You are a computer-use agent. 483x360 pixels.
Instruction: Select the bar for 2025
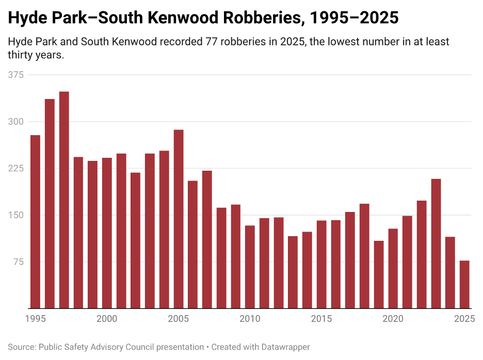click(x=464, y=285)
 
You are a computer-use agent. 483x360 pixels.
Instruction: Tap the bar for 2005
click(x=179, y=219)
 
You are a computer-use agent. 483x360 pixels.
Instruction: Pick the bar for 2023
click(x=436, y=243)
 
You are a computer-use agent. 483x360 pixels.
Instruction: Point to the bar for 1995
click(x=35, y=222)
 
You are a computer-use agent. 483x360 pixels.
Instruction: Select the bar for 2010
click(x=250, y=267)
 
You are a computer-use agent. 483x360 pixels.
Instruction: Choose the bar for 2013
click(x=293, y=272)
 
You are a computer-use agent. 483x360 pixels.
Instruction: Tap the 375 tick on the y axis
click(x=16, y=75)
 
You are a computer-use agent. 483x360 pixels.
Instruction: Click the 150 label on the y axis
click(x=16, y=215)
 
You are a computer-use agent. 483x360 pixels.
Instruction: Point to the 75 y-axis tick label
click(x=18, y=261)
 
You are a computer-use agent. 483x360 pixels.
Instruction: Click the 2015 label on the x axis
click(x=321, y=319)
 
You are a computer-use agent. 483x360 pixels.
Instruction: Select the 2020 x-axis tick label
click(x=393, y=319)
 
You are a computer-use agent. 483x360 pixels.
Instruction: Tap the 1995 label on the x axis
click(x=35, y=319)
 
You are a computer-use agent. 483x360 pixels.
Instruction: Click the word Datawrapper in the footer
click(x=286, y=347)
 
